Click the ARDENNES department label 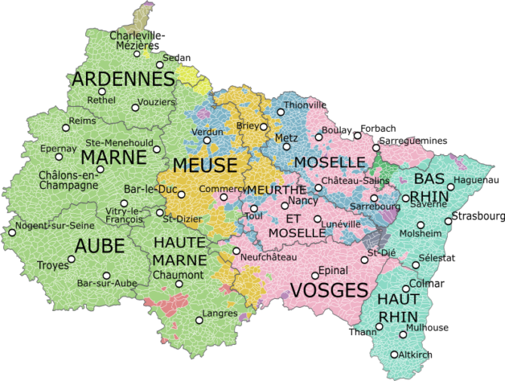click(124, 79)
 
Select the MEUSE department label click(204, 165)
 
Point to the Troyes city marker click(72, 259)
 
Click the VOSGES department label click(329, 290)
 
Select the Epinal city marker click(315, 276)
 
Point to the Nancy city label click(303, 201)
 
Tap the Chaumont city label click(178, 275)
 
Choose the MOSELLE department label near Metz click(329, 163)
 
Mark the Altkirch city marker click(394, 354)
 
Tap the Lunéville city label click(341, 224)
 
